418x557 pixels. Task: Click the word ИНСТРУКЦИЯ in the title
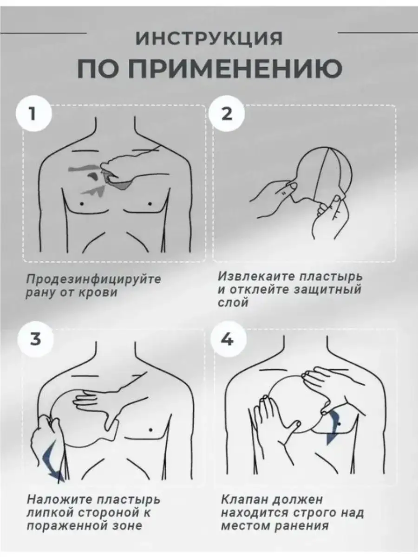point(209,39)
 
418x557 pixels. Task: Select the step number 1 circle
point(34,113)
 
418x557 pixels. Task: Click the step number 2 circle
point(227,113)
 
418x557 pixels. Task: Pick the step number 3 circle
point(35,339)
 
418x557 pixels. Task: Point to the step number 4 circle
point(228,339)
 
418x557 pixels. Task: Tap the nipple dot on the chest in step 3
point(151,430)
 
